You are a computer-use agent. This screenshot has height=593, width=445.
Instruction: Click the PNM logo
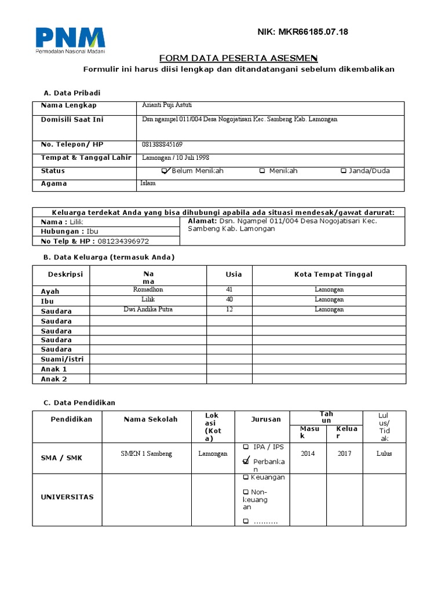pos(70,41)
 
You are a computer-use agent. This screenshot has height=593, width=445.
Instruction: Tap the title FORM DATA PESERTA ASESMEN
pos(238,58)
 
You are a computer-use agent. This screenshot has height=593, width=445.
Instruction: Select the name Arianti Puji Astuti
pos(167,105)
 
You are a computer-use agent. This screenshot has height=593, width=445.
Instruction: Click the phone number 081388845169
pos(162,144)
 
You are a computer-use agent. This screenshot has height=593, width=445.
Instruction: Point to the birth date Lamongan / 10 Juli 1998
pos(176,158)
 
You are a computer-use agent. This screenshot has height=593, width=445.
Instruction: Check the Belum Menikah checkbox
pos(166,171)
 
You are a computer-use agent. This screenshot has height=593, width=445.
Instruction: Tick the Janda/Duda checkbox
pos(344,171)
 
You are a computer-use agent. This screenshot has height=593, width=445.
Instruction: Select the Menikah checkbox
pos(262,171)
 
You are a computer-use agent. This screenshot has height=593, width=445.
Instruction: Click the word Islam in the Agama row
pos(148,183)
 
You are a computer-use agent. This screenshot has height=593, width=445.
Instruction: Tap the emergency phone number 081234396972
pos(123,241)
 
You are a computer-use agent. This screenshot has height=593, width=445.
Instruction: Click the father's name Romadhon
pos(148,290)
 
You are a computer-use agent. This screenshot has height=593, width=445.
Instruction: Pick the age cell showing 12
pos(229,309)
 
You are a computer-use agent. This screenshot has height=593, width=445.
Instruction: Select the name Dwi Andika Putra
pos(148,309)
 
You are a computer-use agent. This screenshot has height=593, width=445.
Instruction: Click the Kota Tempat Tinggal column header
pos(333,274)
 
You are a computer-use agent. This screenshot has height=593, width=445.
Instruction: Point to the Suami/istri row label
pos(62,359)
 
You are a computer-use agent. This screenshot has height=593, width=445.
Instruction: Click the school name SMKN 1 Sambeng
pos(146,453)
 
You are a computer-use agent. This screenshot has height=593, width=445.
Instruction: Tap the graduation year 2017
pos(344,453)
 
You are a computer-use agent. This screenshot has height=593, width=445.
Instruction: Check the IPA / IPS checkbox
pos(246,447)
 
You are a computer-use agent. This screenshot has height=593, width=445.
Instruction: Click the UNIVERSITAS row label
pos(67,497)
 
